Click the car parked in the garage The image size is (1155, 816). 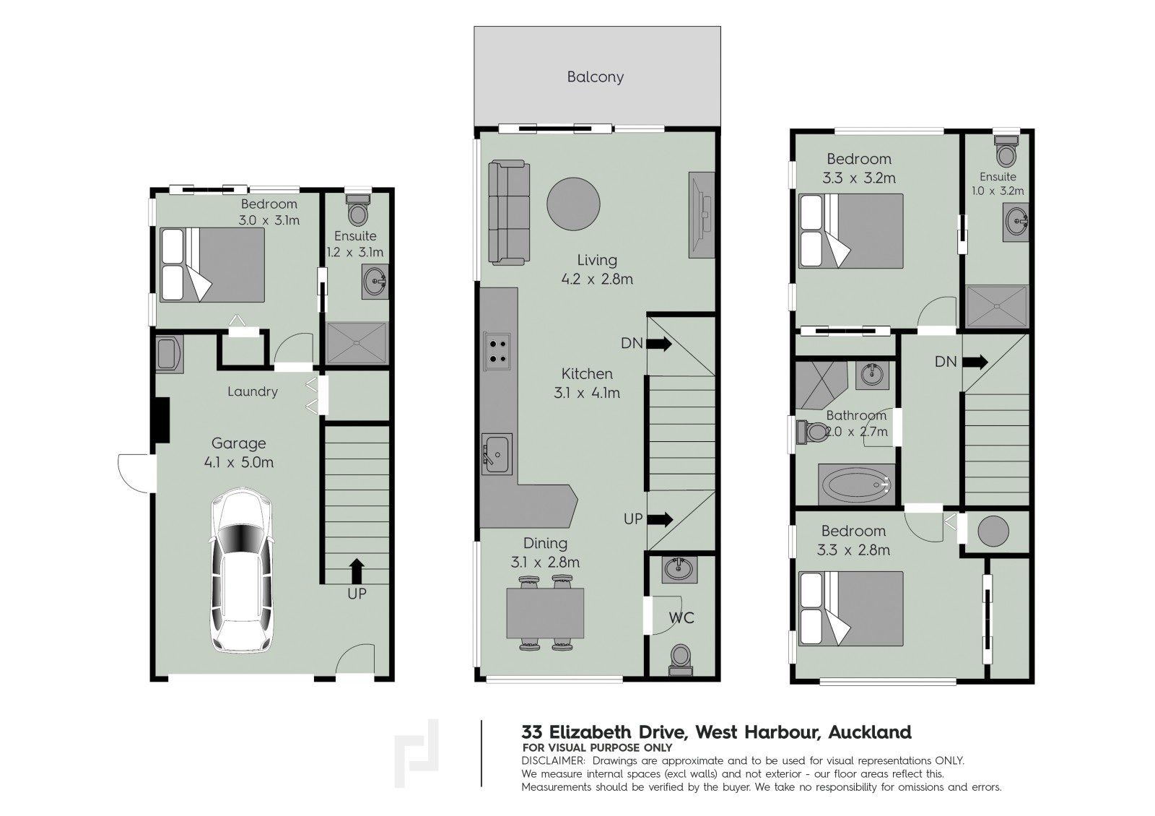[242, 570]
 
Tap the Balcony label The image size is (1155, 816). [595, 77]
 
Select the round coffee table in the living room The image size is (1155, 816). [573, 204]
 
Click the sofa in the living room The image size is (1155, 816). [509, 212]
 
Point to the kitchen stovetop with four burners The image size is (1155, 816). [497, 351]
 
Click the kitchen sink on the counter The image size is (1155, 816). [497, 454]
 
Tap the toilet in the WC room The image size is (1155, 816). [681, 659]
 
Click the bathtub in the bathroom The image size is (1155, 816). [856, 485]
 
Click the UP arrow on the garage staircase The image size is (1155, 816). [357, 570]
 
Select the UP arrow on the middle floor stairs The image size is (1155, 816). [660, 519]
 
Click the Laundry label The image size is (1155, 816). [253, 392]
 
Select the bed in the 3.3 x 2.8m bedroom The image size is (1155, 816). [851, 609]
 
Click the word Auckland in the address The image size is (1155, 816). [870, 732]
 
